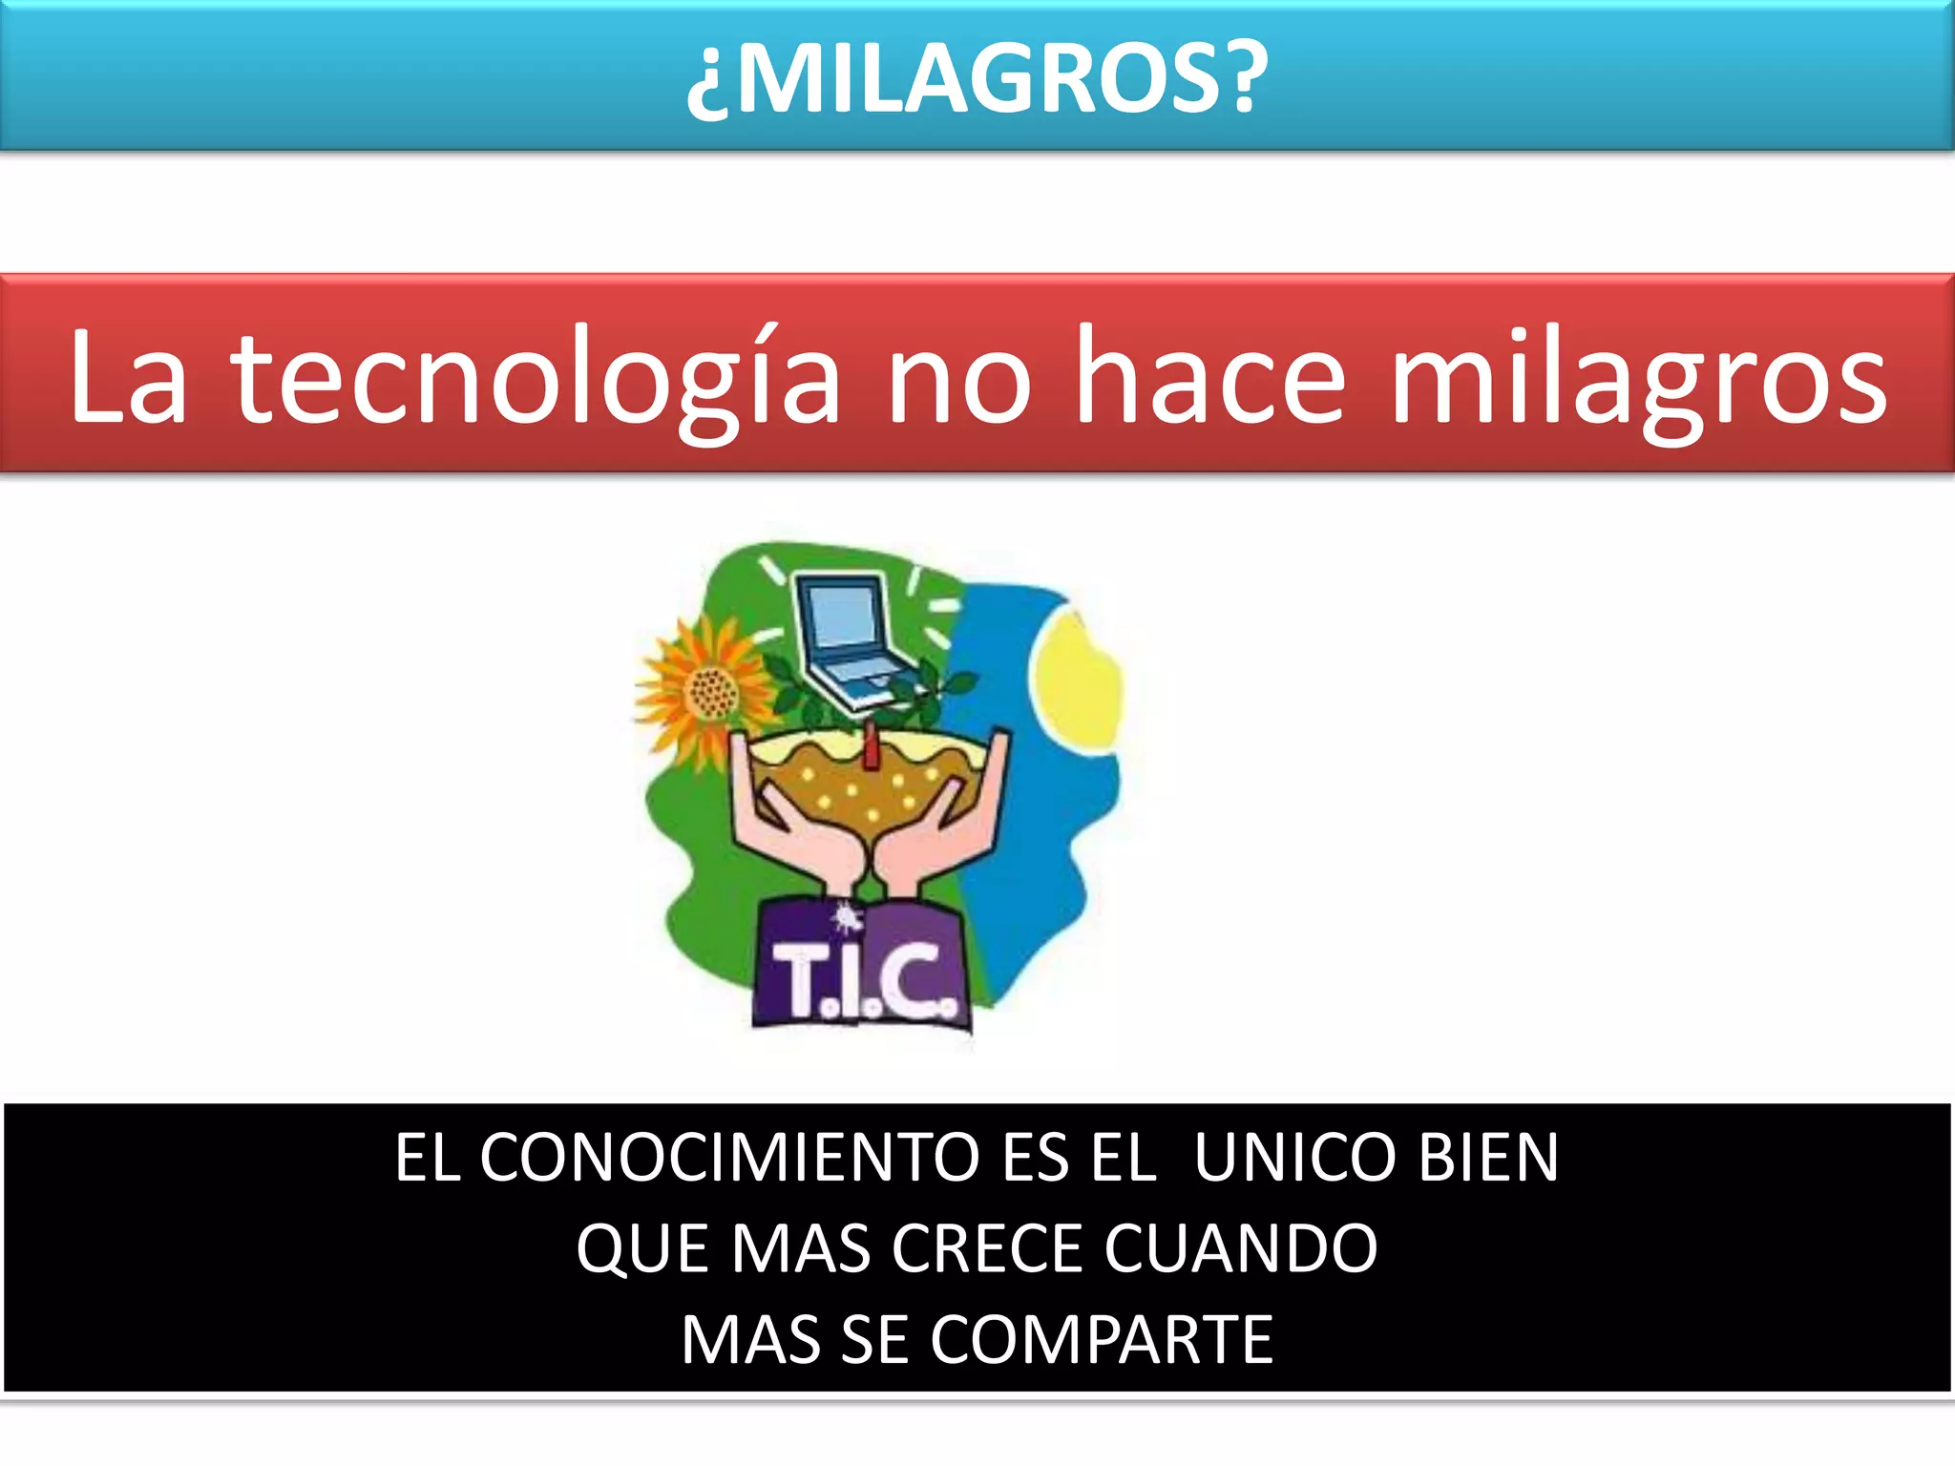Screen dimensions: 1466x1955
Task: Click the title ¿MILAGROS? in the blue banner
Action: coord(977,78)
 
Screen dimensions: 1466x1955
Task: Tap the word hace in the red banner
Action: coord(1210,376)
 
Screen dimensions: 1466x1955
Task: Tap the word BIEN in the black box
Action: coord(1488,1158)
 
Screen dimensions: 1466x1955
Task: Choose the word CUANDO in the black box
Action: coord(1241,1249)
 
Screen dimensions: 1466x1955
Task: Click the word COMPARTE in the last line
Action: coord(1102,1340)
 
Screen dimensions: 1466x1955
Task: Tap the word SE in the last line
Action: coord(876,1340)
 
